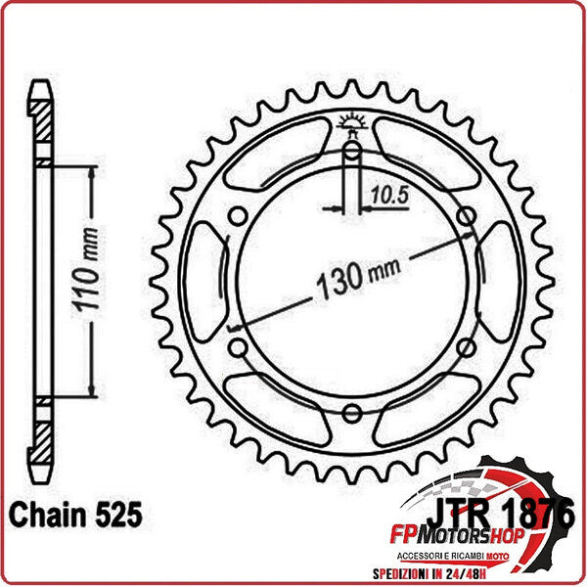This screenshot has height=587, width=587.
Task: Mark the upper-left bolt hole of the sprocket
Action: (236, 216)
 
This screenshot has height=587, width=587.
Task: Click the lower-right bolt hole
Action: (466, 348)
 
